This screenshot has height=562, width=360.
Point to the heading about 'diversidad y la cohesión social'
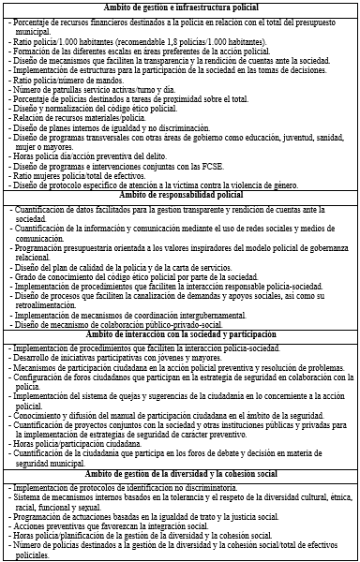(x=179, y=473)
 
